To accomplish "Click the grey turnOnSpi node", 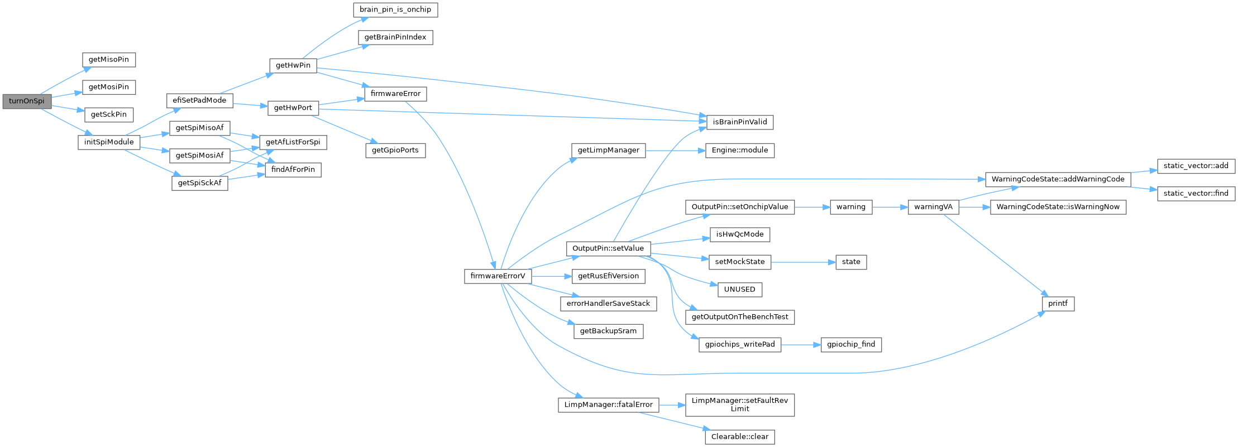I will (27, 101).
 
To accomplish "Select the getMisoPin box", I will (109, 60).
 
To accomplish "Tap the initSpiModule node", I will (109, 142).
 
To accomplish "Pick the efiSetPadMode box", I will (199, 100).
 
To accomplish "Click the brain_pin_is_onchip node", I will (395, 10).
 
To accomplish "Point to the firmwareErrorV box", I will (498, 276).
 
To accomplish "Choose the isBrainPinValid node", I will (740, 122).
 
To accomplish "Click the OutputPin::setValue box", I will (608, 248).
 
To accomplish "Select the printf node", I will (1058, 304).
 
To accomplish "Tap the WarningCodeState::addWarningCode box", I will (1058, 179).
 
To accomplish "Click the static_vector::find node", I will (1196, 193).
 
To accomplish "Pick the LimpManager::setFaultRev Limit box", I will (740, 405).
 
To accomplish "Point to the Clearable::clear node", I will (740, 436).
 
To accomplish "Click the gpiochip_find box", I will (851, 344).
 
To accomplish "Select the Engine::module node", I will (740, 150).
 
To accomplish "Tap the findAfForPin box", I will (293, 169).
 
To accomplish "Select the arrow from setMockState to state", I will (803, 262).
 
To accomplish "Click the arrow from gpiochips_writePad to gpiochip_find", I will (801, 345).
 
